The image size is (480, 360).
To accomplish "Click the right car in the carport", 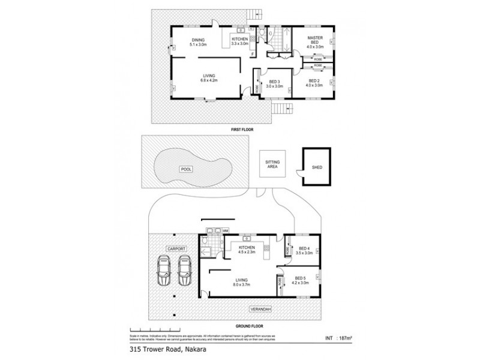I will pyautogui.click(x=184, y=271).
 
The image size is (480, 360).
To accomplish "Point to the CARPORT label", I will pyautogui.click(x=178, y=248).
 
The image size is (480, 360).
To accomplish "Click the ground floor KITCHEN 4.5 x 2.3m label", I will pyautogui.click(x=247, y=250).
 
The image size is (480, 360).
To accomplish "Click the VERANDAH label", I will pyautogui.click(x=260, y=308).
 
